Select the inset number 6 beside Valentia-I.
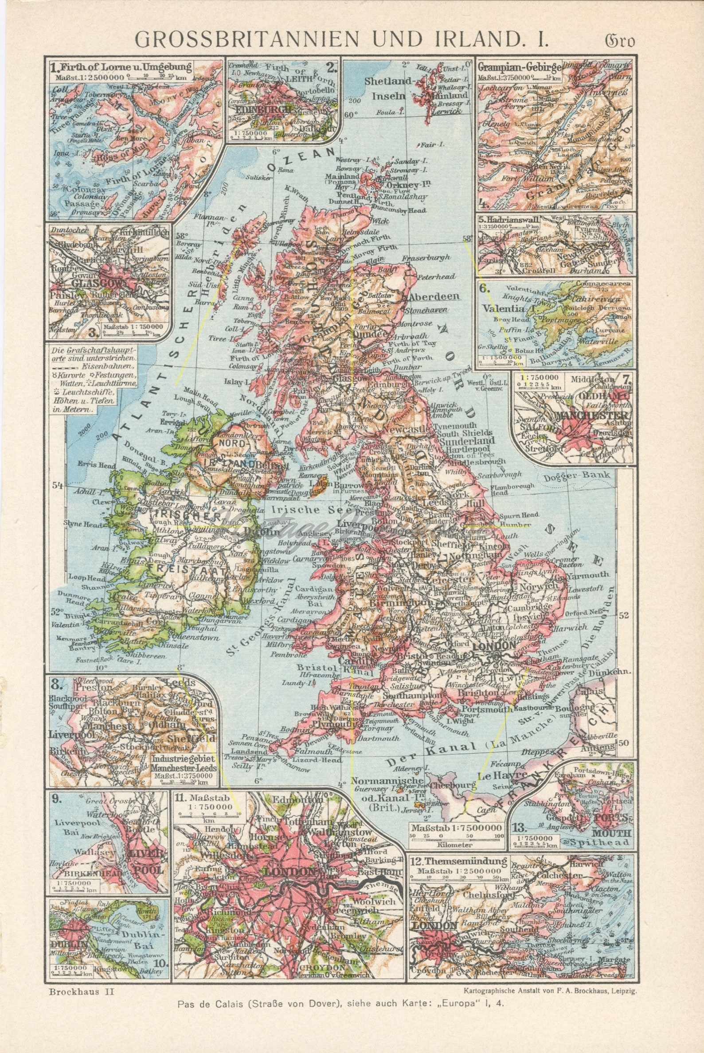tap(485, 289)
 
